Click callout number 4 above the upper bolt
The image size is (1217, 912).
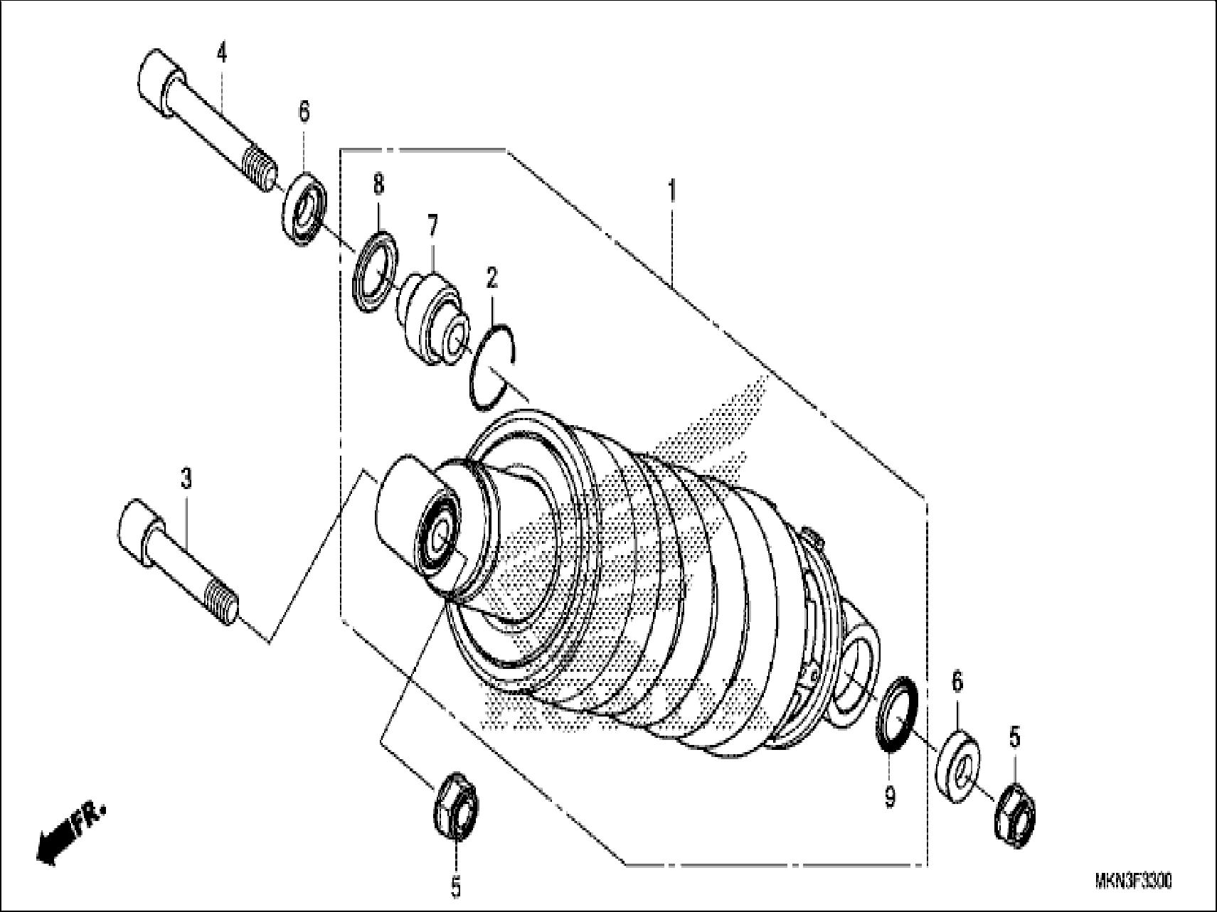[222, 53]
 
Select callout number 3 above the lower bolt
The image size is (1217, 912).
[186, 479]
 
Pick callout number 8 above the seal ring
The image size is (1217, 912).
[378, 186]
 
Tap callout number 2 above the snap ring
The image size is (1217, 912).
[491, 278]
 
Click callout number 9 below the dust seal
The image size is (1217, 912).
[890, 798]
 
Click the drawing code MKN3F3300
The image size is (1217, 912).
[1133, 881]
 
